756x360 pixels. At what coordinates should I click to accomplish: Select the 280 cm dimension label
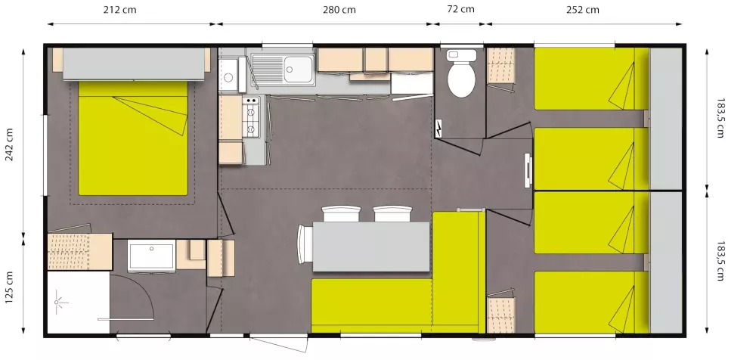tap(338, 10)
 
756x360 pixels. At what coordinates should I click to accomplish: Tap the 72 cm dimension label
tap(460, 9)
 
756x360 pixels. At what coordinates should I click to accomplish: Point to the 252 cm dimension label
tap(582, 10)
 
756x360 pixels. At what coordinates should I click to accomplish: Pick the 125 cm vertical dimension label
tap(10, 288)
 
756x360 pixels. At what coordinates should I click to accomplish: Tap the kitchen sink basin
tap(299, 70)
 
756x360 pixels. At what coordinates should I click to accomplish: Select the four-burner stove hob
tap(251, 117)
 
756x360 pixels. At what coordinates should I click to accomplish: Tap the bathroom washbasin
tap(151, 256)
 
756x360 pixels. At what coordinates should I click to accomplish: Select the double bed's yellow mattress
tap(132, 144)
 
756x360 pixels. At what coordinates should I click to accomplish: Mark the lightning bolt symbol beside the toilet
tap(439, 129)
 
